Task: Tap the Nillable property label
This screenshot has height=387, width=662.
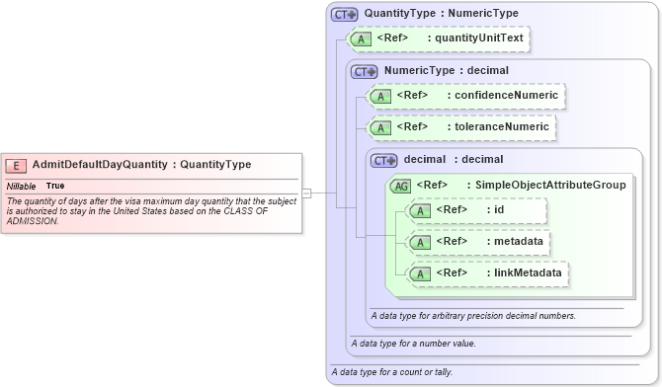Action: [22, 186]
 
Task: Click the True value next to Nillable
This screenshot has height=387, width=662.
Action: [55, 186]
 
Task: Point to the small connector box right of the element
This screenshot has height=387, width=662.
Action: [306, 193]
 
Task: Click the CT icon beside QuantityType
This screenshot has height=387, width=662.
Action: [345, 15]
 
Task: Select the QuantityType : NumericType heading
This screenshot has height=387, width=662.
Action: [440, 14]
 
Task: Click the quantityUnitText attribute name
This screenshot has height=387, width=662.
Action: [480, 39]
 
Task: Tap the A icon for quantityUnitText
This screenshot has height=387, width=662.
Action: [362, 39]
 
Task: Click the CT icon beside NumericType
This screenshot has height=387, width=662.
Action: [365, 71]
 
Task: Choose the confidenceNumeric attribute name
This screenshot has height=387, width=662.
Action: [504, 96]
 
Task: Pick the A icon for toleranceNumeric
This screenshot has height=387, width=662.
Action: [381, 127]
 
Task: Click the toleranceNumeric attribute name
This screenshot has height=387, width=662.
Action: [499, 127]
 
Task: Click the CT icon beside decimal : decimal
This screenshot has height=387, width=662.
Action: [384, 160]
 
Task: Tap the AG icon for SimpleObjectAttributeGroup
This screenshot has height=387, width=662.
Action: [401, 185]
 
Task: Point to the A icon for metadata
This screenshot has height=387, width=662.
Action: [421, 241]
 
